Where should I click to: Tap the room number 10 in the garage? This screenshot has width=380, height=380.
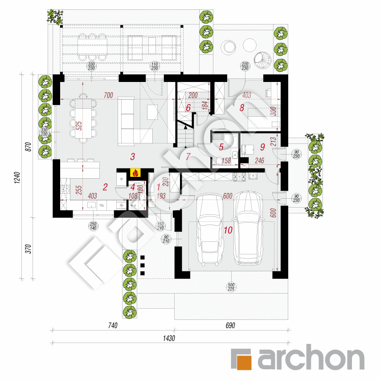click(228, 230)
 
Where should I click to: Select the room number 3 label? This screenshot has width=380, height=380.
click(132, 156)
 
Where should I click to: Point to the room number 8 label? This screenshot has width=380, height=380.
click(242, 107)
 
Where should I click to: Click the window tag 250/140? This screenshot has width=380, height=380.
click(93, 225)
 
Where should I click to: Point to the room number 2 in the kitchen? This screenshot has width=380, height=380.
click(105, 187)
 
